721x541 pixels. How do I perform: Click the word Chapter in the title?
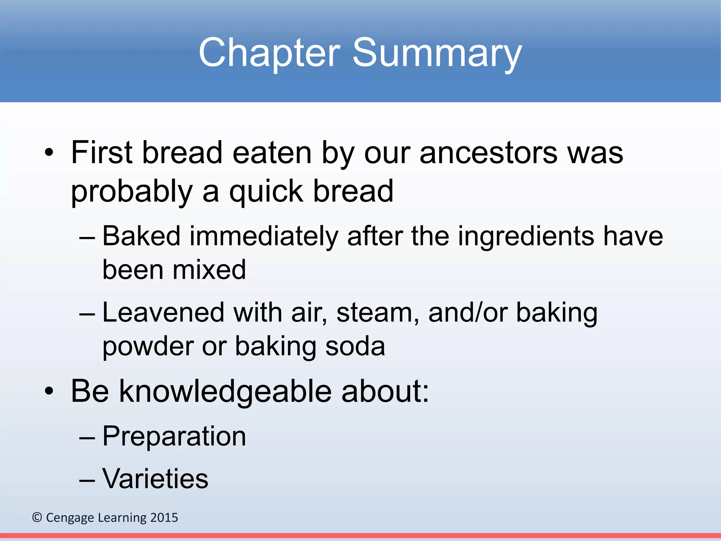click(x=269, y=53)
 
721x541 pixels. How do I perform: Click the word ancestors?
click(x=489, y=153)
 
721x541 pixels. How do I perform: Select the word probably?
click(x=132, y=192)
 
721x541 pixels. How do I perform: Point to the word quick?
click(x=266, y=192)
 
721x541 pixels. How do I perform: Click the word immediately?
click(x=264, y=236)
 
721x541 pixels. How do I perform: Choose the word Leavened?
click(x=163, y=313)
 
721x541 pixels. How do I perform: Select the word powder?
click(x=148, y=347)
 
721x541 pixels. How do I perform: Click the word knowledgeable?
click(x=225, y=391)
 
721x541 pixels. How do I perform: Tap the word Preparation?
click(x=174, y=436)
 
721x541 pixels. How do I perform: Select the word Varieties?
click(x=155, y=479)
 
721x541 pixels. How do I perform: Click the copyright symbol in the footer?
click(x=37, y=517)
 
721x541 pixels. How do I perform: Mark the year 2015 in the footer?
click(x=164, y=517)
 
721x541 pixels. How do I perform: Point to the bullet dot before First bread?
click(x=49, y=154)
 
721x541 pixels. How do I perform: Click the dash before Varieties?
click(x=87, y=480)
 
